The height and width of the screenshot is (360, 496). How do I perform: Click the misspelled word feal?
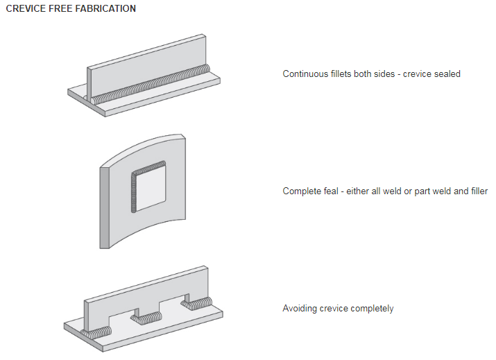click(334, 191)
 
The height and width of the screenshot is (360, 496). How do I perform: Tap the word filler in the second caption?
click(477, 191)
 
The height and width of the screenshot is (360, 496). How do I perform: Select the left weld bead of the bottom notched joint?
click(96, 332)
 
